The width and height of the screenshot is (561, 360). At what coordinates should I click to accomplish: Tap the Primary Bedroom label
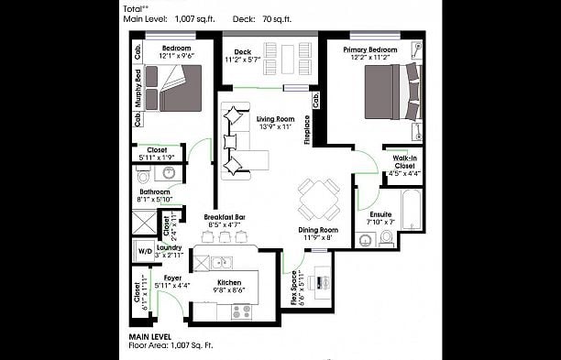point(370,49)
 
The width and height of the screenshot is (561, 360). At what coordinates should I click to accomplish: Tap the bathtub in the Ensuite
point(410,212)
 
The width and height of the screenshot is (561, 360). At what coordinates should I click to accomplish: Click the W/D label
point(145,250)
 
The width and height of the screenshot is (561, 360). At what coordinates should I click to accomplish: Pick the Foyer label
point(172,277)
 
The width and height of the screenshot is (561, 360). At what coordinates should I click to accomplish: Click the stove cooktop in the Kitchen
point(241,311)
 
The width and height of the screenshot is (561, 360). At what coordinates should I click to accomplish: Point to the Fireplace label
point(307,129)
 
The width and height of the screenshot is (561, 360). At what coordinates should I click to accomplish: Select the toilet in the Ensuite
point(386,239)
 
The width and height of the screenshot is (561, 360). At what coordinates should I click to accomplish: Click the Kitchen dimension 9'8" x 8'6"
point(228,290)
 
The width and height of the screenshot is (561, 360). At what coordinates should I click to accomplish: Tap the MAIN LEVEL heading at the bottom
point(151,337)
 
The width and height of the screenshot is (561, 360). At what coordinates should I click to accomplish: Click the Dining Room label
point(318,230)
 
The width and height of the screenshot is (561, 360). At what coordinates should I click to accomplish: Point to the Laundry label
point(170,246)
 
